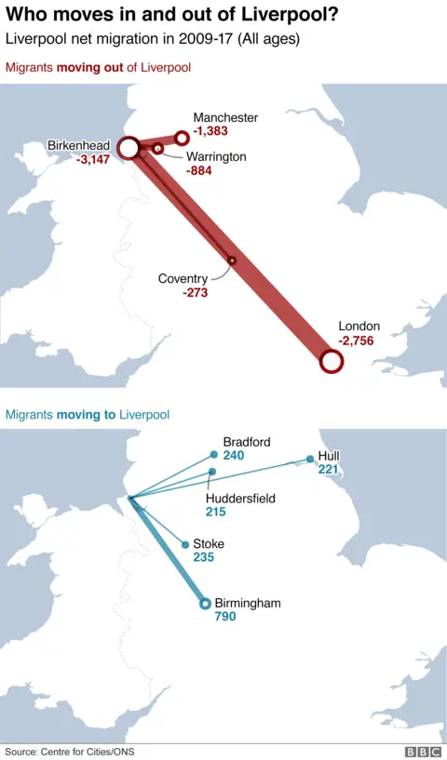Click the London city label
359,327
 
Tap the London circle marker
331,362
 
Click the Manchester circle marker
183,139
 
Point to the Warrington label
216,156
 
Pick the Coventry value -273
196,293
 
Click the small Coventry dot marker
232,260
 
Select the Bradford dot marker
214,455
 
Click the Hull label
329,456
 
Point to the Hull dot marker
311,459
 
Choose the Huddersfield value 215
216,513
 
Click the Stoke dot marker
184,544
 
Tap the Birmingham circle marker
206,604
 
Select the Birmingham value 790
226,617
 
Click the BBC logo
422,751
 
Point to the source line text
62,751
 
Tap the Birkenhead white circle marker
129,147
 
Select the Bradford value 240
234,456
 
